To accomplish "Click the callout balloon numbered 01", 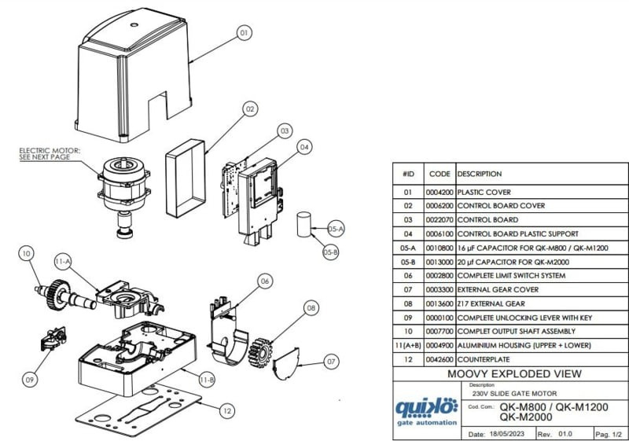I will (244, 33).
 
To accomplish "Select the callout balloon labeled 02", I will (250, 109).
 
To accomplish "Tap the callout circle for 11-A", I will (63, 261).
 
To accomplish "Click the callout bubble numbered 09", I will (30, 380).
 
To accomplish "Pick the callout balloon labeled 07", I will (331, 361).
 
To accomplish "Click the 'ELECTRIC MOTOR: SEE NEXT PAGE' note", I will (50, 153).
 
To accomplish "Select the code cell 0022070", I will (439, 219).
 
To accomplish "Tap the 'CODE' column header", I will (439, 174).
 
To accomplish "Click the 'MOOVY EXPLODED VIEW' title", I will (514, 373).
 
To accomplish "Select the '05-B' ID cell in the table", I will (407, 261).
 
